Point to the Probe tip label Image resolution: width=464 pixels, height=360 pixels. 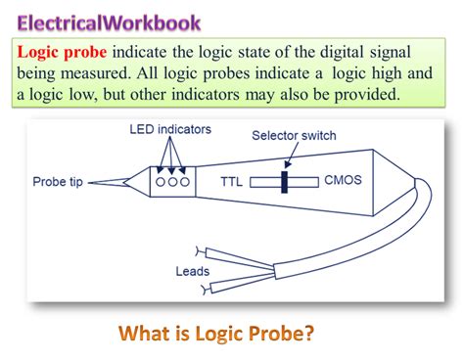point(62,182)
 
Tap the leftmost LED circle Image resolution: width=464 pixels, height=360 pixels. point(160,182)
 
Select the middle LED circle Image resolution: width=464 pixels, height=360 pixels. point(173,182)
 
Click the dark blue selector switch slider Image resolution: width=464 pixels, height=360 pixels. point(285,181)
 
